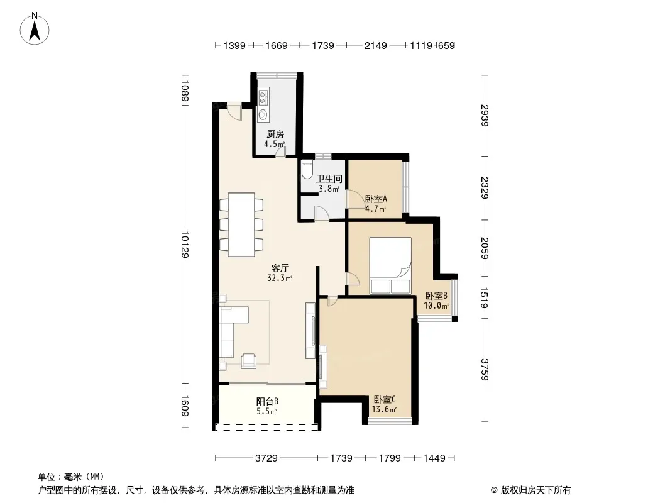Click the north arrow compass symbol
(x=35, y=29)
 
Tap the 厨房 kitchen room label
(x=275, y=134)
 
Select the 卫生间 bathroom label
(x=329, y=179)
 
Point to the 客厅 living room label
(x=280, y=268)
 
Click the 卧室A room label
(x=376, y=199)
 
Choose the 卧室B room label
(x=436, y=296)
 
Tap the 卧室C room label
(x=385, y=400)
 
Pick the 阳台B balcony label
(x=268, y=401)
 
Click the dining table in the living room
(x=241, y=225)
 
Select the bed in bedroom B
(x=390, y=265)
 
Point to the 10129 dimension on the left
(x=185, y=245)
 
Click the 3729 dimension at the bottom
(x=266, y=458)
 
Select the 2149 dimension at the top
(x=376, y=45)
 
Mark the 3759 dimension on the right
(x=484, y=369)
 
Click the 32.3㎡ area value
(x=280, y=278)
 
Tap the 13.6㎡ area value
(x=384, y=409)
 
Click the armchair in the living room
(x=249, y=361)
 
